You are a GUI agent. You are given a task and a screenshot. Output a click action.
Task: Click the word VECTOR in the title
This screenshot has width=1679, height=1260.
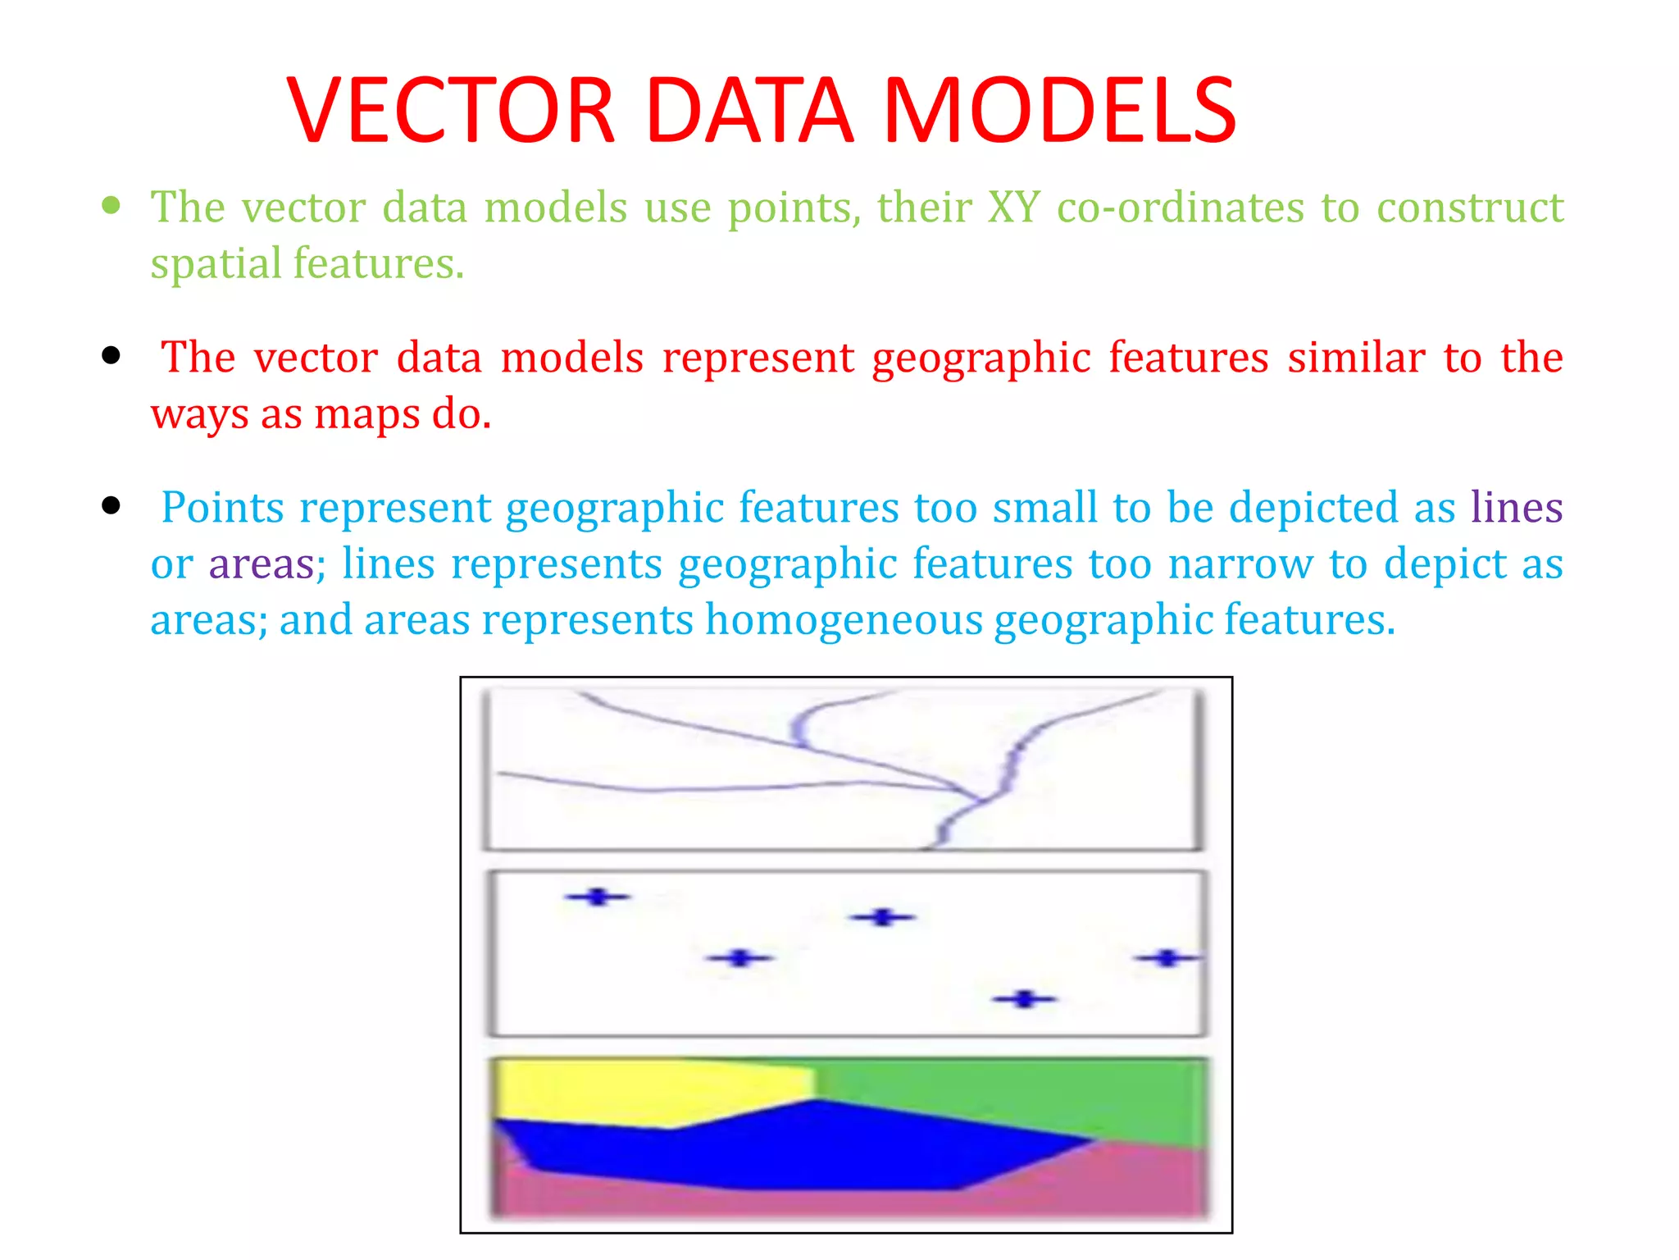[x=451, y=111]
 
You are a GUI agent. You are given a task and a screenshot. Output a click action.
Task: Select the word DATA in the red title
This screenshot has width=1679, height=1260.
[x=749, y=111]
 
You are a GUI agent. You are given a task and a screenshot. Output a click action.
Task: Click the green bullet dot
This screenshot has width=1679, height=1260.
[x=111, y=204]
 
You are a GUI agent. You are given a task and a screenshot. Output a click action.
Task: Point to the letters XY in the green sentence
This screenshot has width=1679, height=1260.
[x=1013, y=207]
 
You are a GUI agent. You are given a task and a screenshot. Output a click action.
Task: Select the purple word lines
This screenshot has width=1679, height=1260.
[x=1516, y=508]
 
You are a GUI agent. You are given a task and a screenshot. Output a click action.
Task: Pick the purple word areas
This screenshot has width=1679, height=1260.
[x=262, y=564]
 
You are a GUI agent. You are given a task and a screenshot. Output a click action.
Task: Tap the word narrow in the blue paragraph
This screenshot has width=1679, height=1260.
[x=1240, y=564]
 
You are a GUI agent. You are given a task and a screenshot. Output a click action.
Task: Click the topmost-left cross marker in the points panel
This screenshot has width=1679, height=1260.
[x=598, y=897]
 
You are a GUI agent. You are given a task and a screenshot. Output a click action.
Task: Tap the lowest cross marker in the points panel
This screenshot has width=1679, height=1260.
[x=1024, y=999]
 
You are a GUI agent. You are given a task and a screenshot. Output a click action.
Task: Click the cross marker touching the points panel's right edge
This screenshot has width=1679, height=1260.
[x=1168, y=957]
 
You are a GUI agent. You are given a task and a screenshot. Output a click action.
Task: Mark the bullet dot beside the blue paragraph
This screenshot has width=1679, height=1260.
[x=111, y=505]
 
